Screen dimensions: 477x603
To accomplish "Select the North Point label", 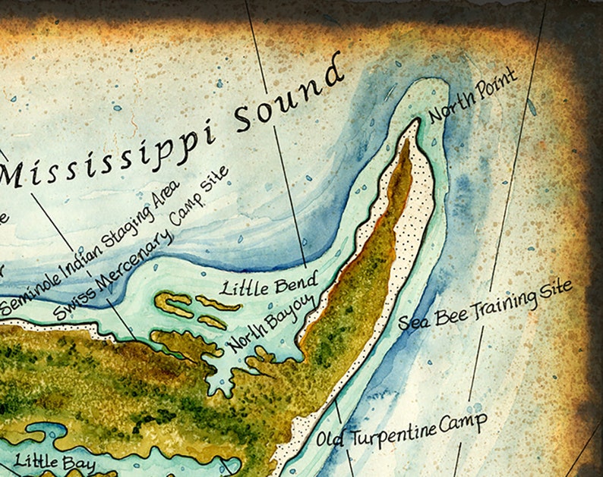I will (473, 96).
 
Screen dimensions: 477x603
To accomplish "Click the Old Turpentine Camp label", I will (400, 431).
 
